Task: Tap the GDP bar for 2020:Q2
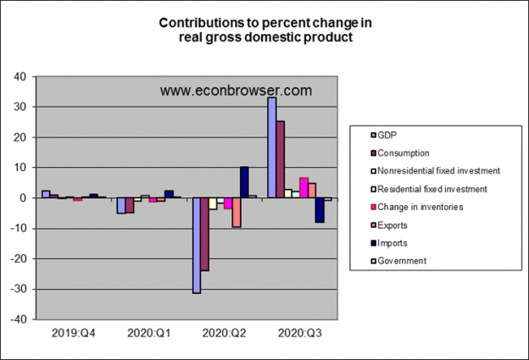coord(197,245)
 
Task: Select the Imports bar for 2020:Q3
coord(320,210)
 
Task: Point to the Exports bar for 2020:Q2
coord(236,212)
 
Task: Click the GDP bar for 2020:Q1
coord(121,206)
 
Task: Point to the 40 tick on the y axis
coord(21,76)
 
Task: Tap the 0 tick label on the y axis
coord(25,198)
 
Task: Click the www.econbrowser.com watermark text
coord(236,90)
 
